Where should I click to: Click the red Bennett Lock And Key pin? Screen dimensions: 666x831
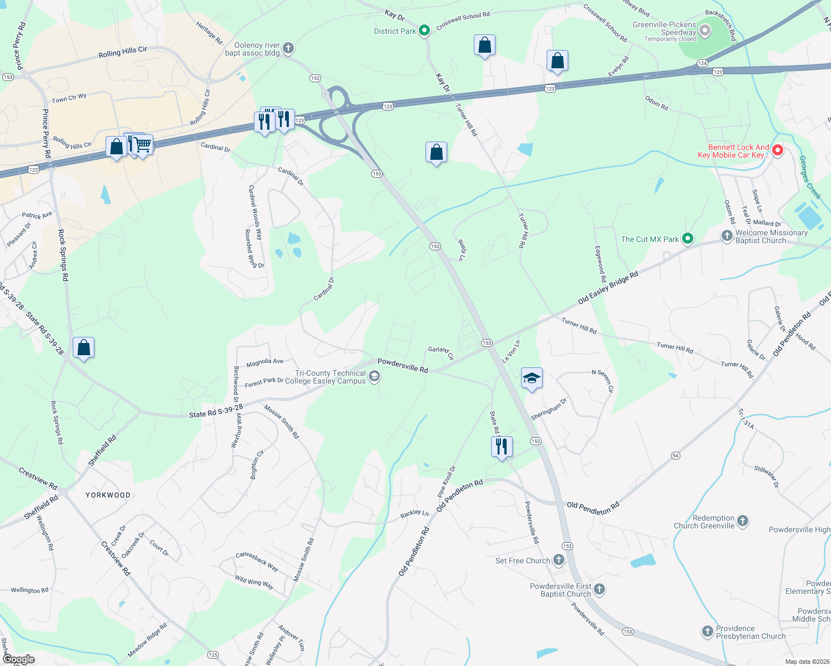[x=778, y=150]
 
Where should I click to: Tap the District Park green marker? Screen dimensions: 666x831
[x=424, y=31]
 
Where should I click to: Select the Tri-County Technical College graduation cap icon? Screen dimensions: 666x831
[x=374, y=377]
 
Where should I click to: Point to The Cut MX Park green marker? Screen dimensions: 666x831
[x=688, y=239]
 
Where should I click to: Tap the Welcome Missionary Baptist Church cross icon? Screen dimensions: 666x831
[x=727, y=236]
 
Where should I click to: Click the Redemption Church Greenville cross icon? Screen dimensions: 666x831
[x=743, y=521]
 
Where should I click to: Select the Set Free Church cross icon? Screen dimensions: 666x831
[x=559, y=560]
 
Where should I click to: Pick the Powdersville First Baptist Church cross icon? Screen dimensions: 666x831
[x=599, y=589]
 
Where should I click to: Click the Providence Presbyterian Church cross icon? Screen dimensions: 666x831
[x=707, y=631]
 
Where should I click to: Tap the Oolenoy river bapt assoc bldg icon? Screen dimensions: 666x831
[x=288, y=48]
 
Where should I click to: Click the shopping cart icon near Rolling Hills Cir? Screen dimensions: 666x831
[x=143, y=145]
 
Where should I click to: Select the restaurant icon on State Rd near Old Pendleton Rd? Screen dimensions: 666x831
[x=502, y=446]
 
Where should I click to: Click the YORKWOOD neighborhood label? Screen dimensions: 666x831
[x=108, y=495]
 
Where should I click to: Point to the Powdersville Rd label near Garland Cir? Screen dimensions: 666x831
[x=403, y=365]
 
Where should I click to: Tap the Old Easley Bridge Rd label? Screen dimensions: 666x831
[x=608, y=288]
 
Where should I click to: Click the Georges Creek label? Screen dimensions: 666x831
[x=809, y=177]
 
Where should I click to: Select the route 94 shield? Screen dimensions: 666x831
[x=675, y=456]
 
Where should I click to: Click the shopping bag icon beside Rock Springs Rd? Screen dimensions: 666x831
[x=83, y=348]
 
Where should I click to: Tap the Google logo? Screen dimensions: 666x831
[x=19, y=659]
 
